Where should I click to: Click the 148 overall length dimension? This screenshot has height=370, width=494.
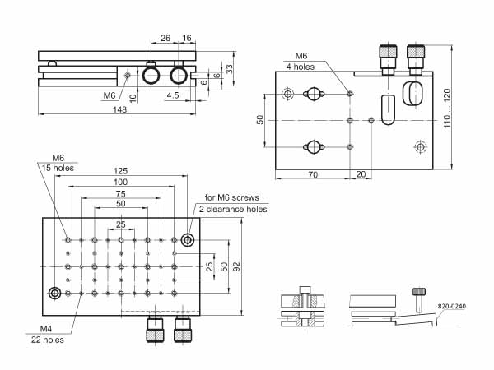click(119, 109)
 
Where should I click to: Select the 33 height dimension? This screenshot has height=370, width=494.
click(230, 69)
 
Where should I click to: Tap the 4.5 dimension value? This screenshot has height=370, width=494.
click(173, 95)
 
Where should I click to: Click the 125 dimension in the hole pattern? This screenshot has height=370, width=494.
click(121, 171)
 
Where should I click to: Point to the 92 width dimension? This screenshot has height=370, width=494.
click(236, 266)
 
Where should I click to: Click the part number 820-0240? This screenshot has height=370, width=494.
click(451, 306)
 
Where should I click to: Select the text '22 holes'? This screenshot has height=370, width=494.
click(47, 340)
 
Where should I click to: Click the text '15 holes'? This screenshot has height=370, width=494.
click(58, 168)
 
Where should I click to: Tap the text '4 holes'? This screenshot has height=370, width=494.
click(301, 67)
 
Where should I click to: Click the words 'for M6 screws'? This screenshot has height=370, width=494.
click(232, 197)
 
